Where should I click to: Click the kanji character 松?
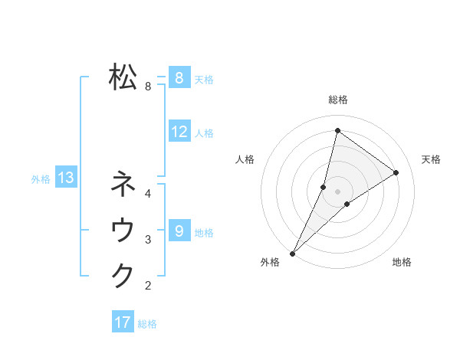[x=123, y=77]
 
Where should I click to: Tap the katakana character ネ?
[x=123, y=184]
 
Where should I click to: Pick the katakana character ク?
[x=123, y=275]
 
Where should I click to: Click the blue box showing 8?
[x=179, y=77]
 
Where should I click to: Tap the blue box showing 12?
[x=179, y=132]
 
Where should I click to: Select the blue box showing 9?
[x=179, y=231]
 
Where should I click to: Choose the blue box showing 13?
[x=65, y=178]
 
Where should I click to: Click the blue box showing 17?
[x=123, y=322]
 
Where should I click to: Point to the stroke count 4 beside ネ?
[x=148, y=194]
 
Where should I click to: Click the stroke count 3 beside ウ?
[x=148, y=240]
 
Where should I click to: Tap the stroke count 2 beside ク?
[x=148, y=286]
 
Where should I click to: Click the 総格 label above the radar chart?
[x=338, y=100]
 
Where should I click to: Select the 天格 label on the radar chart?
[x=431, y=159]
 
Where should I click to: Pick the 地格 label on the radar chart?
[x=402, y=262]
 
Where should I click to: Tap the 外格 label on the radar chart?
[x=270, y=262]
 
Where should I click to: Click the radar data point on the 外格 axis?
[x=292, y=253]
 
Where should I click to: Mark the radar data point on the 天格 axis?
[x=396, y=172]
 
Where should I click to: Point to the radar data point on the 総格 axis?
[x=337, y=130]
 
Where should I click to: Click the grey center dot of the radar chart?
[x=337, y=191]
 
